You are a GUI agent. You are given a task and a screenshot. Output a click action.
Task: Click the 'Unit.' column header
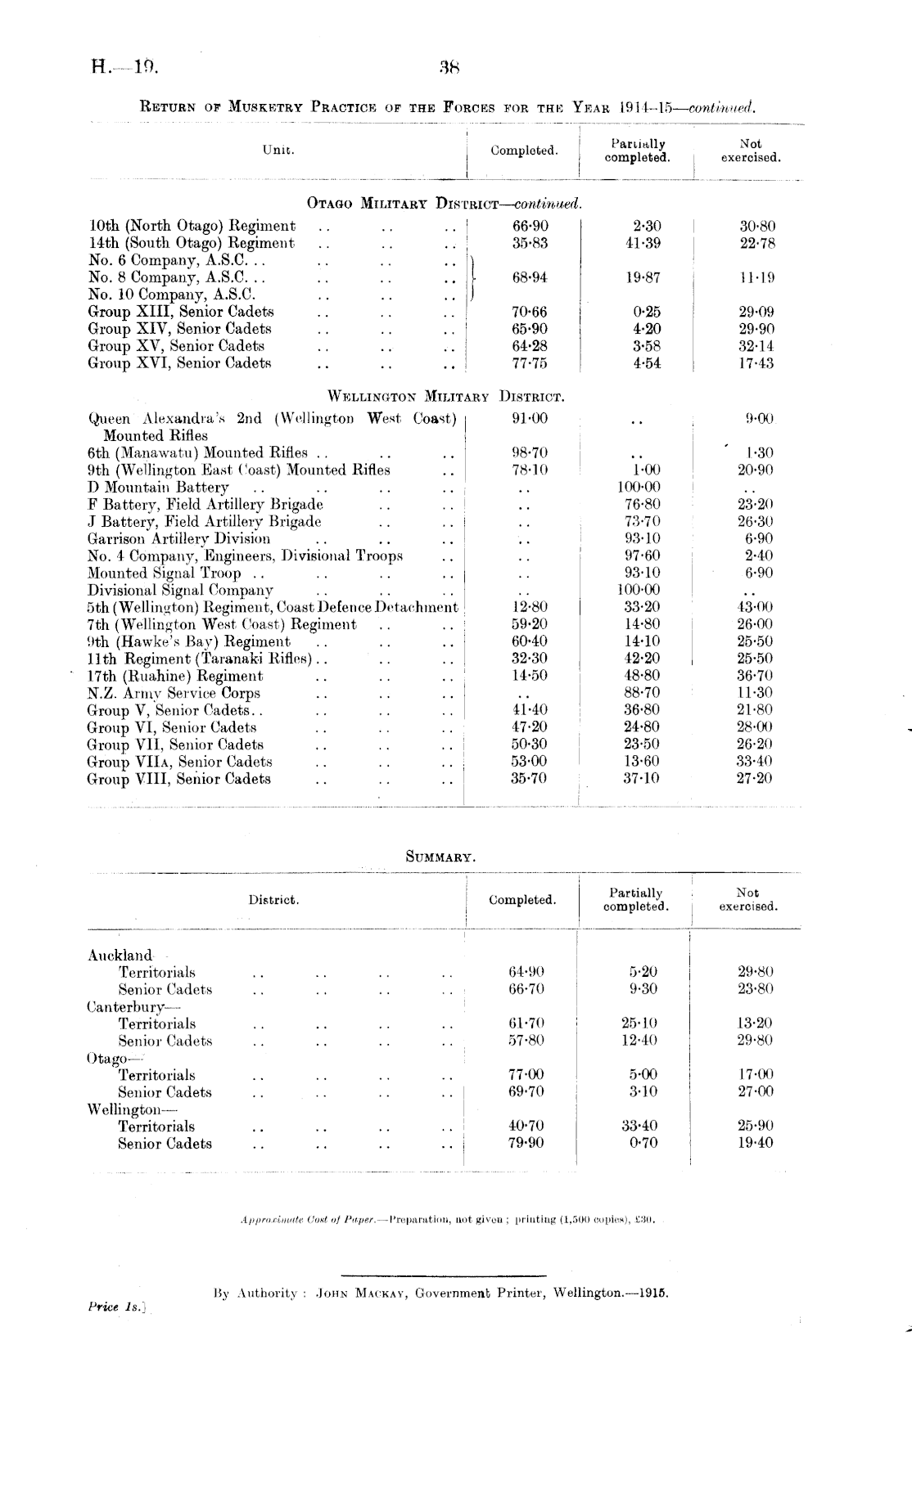[278, 150]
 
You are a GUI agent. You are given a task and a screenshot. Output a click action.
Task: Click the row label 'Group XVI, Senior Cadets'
[179, 363]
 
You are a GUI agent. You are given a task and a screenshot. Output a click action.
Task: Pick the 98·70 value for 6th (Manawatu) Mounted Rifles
[530, 453]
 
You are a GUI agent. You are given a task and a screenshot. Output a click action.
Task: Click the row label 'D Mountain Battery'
[158, 488]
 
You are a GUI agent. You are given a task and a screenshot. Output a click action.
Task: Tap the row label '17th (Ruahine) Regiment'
[175, 676]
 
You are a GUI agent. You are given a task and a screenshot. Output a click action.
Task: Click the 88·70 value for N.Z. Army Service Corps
[641, 693]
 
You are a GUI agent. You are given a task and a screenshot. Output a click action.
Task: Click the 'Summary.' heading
[440, 857]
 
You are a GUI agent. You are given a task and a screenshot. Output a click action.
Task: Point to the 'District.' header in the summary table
[273, 901]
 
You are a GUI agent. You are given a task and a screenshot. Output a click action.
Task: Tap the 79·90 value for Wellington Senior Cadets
[526, 1143]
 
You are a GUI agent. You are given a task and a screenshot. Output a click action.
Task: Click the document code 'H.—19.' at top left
[124, 67]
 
